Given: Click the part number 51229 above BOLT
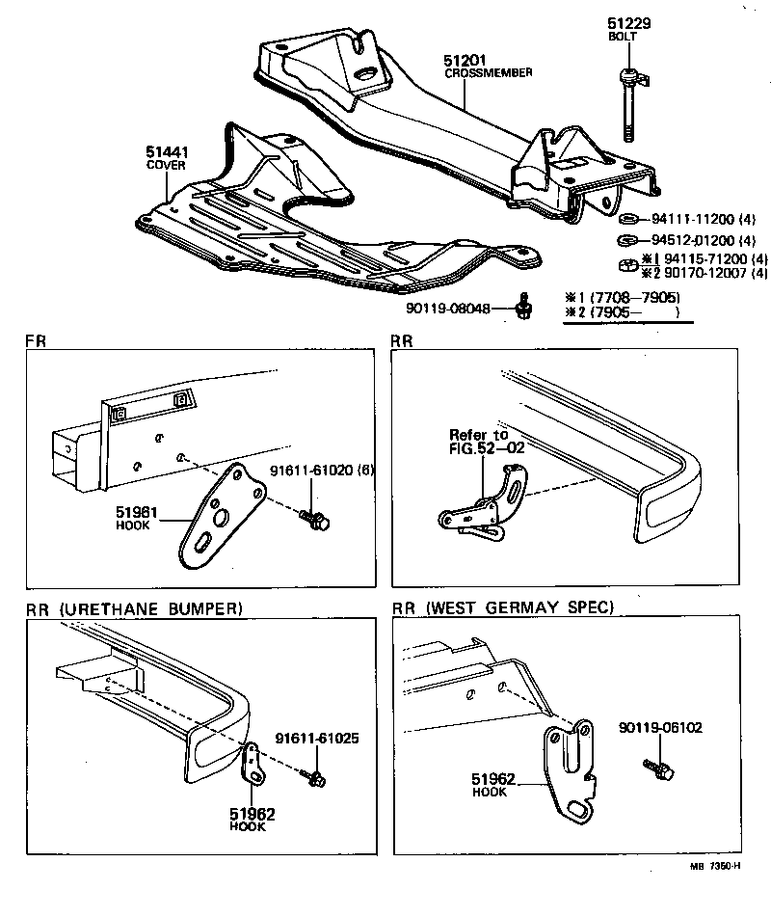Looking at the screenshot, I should coord(628,22).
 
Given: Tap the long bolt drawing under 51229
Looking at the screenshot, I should coord(628,106).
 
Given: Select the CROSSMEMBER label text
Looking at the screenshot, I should coord(488,72).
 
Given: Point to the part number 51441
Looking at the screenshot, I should coord(166,151).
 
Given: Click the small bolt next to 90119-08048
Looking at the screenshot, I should coord(523,307).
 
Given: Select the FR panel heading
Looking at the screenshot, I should coord(35,341).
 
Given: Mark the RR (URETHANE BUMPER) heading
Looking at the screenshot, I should coord(134,607).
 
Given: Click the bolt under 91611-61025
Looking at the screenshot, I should coord(314,773).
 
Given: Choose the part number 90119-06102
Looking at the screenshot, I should coord(663,728).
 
